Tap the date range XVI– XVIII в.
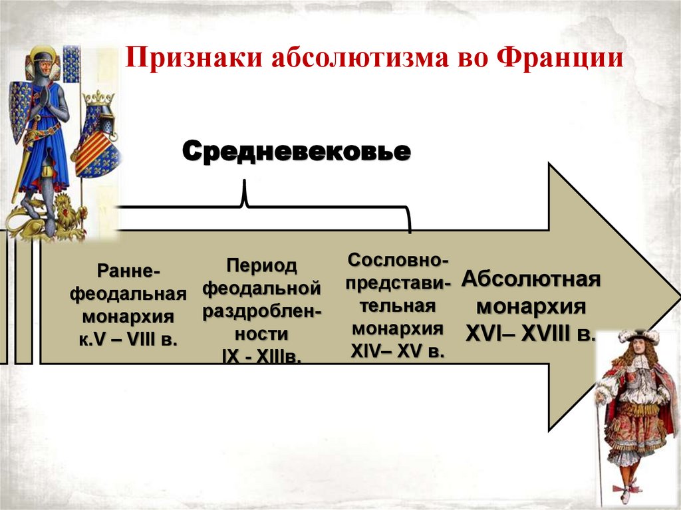pos(530,332)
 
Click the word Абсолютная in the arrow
pos(531,279)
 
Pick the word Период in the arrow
pos(261,267)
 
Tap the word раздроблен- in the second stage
pos(261,312)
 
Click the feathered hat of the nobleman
pos(635,336)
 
